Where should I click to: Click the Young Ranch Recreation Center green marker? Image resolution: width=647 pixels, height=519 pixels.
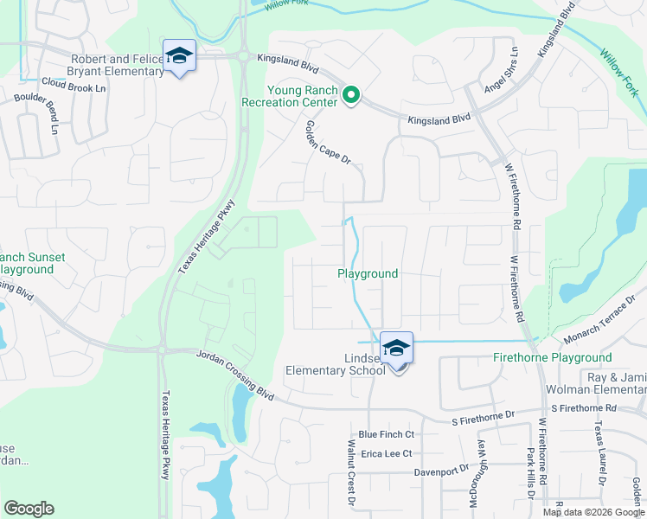pyautogui.click(x=350, y=96)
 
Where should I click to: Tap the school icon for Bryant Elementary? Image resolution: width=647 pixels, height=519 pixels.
pyautogui.click(x=179, y=57)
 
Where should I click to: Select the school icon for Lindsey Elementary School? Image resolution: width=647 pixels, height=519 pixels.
pyautogui.click(x=396, y=349)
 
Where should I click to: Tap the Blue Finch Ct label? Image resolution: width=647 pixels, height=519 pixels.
pyautogui.click(x=387, y=434)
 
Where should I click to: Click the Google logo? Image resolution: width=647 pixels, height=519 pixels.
pyautogui.click(x=29, y=509)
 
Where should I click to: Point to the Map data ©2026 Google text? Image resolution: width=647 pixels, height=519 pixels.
pyautogui.click(x=593, y=512)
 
